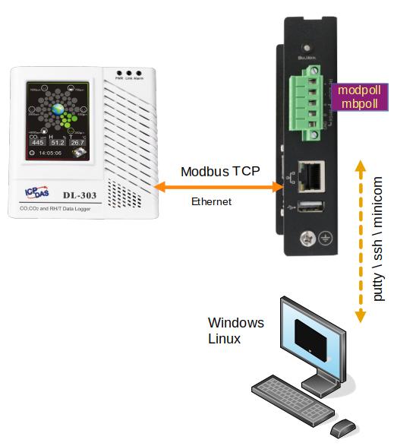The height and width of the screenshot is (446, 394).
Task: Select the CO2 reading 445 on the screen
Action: coord(38,142)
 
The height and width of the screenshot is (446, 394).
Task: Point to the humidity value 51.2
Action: coord(58,142)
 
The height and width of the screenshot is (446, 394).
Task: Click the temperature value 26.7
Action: coord(77,142)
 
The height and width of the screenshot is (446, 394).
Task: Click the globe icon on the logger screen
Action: coord(58,109)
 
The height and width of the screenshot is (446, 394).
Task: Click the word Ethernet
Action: coord(210,201)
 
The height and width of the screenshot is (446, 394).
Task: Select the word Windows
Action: coord(236,323)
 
